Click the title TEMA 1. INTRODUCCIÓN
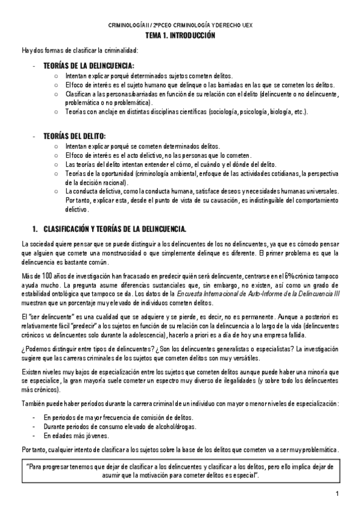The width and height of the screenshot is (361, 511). (x=180, y=36)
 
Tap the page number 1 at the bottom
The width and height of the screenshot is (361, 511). (x=339, y=495)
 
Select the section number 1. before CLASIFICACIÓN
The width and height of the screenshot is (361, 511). (x=34, y=229)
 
